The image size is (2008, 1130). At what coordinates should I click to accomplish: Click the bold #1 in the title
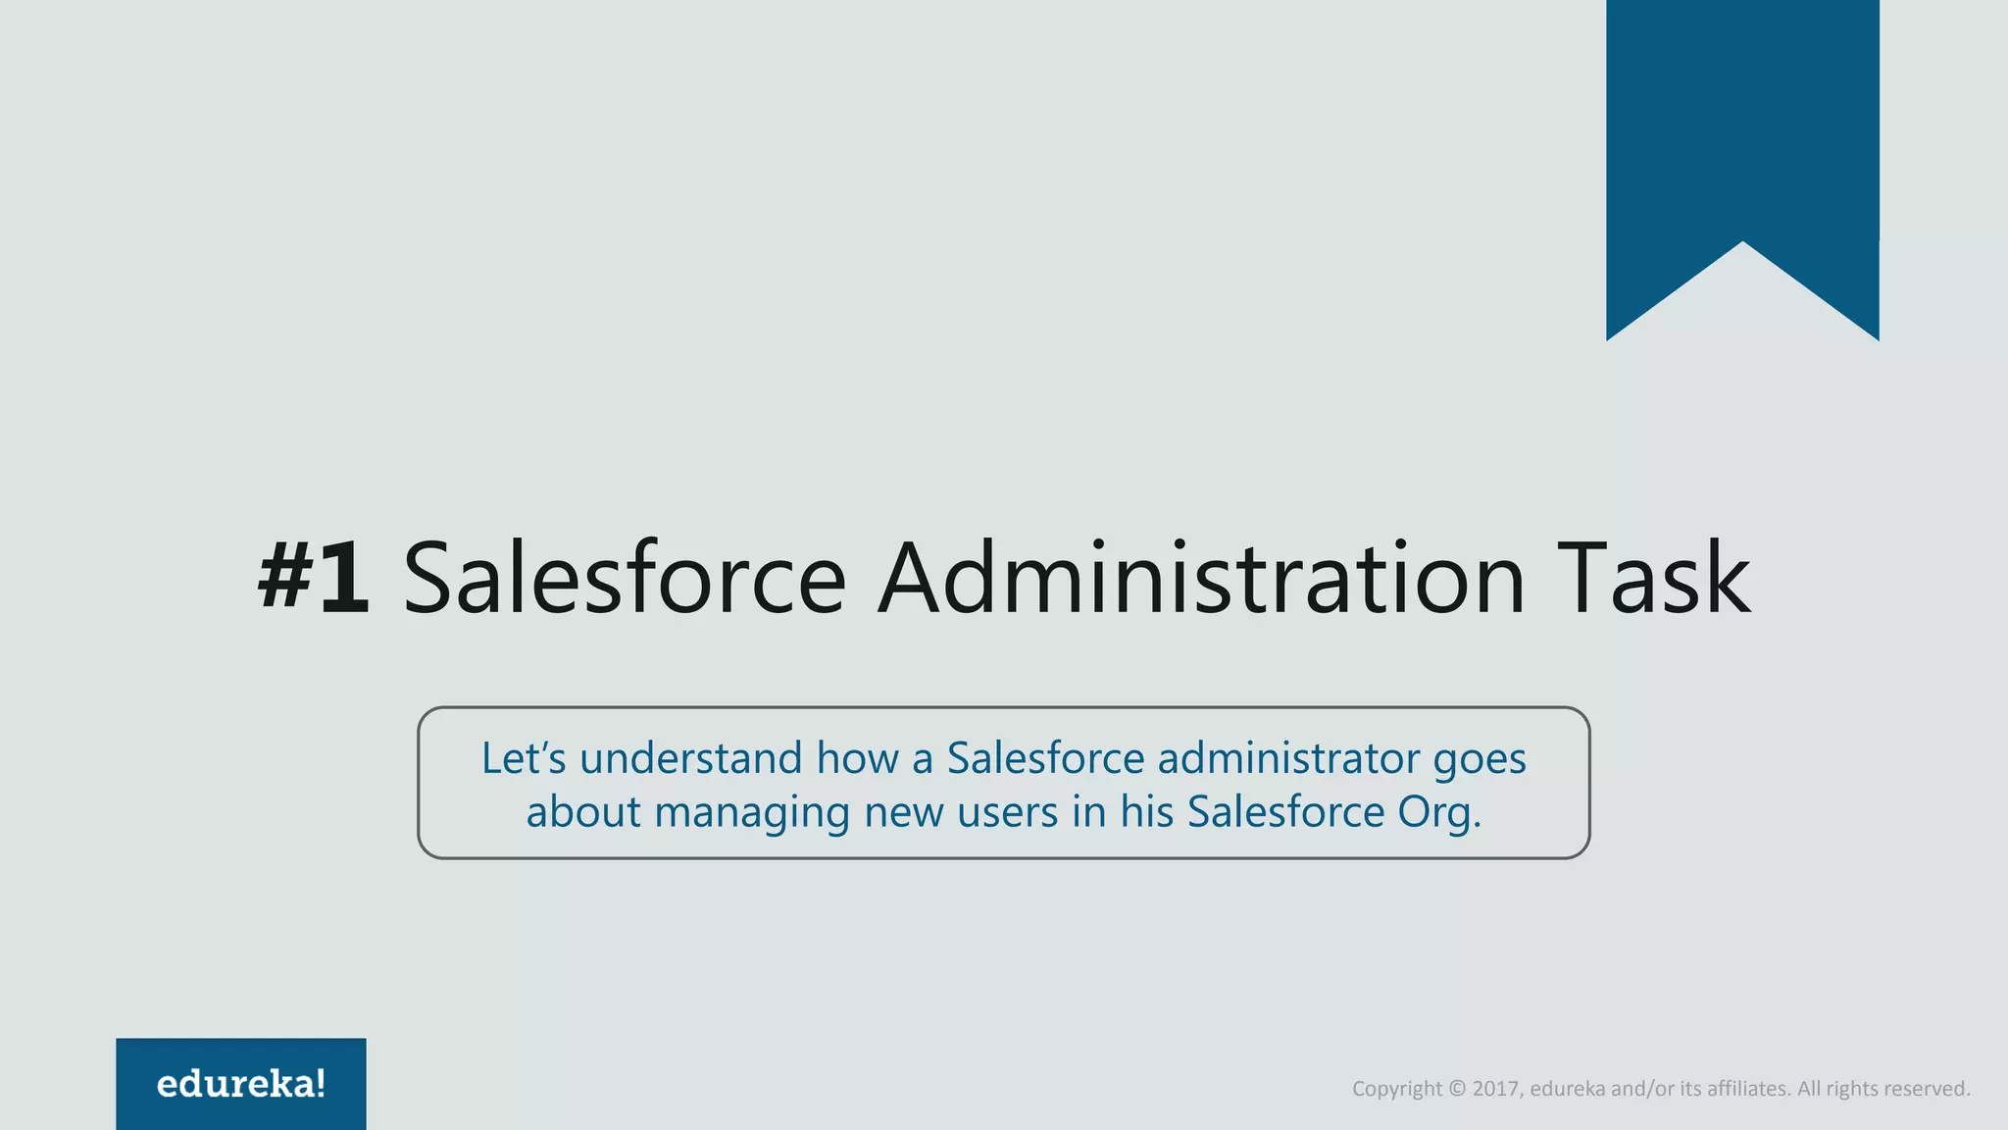tap(314, 579)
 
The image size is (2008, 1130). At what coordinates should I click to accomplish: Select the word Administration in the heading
tap(1201, 579)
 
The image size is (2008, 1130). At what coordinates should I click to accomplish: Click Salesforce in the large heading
tap(625, 579)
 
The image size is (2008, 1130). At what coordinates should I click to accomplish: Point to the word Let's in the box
tap(524, 758)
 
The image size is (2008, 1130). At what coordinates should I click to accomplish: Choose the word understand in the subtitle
tap(691, 758)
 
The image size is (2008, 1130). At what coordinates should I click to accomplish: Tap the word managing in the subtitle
tap(752, 813)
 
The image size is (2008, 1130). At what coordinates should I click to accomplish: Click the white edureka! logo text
tap(241, 1084)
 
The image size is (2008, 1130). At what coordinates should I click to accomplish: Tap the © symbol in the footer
tap(1457, 1089)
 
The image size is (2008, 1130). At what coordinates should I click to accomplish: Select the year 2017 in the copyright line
tap(1495, 1089)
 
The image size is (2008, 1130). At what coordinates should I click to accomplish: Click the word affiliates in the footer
tap(1747, 1089)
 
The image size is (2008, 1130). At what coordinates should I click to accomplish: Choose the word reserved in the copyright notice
tap(1927, 1089)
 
